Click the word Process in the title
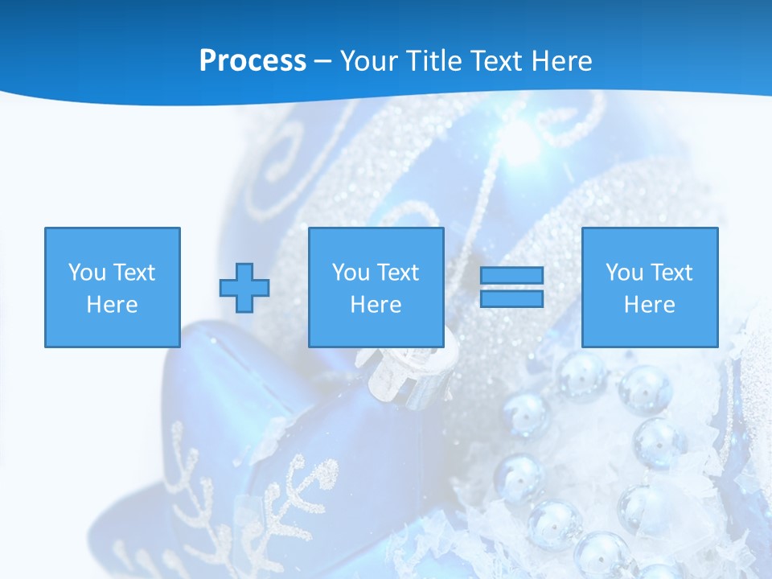pos(253,61)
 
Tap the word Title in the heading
pos(435,61)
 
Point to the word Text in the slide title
pos(499,61)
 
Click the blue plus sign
pos(244,288)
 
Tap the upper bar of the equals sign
pos(511,276)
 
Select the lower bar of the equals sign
pos(511,298)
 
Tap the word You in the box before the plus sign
pos(87,273)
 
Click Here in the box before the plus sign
pos(113,305)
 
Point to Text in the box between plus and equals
pos(397,273)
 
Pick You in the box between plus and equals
pos(351,273)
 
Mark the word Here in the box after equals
pos(649,305)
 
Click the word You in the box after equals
pos(624,273)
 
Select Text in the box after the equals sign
pos(671,273)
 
